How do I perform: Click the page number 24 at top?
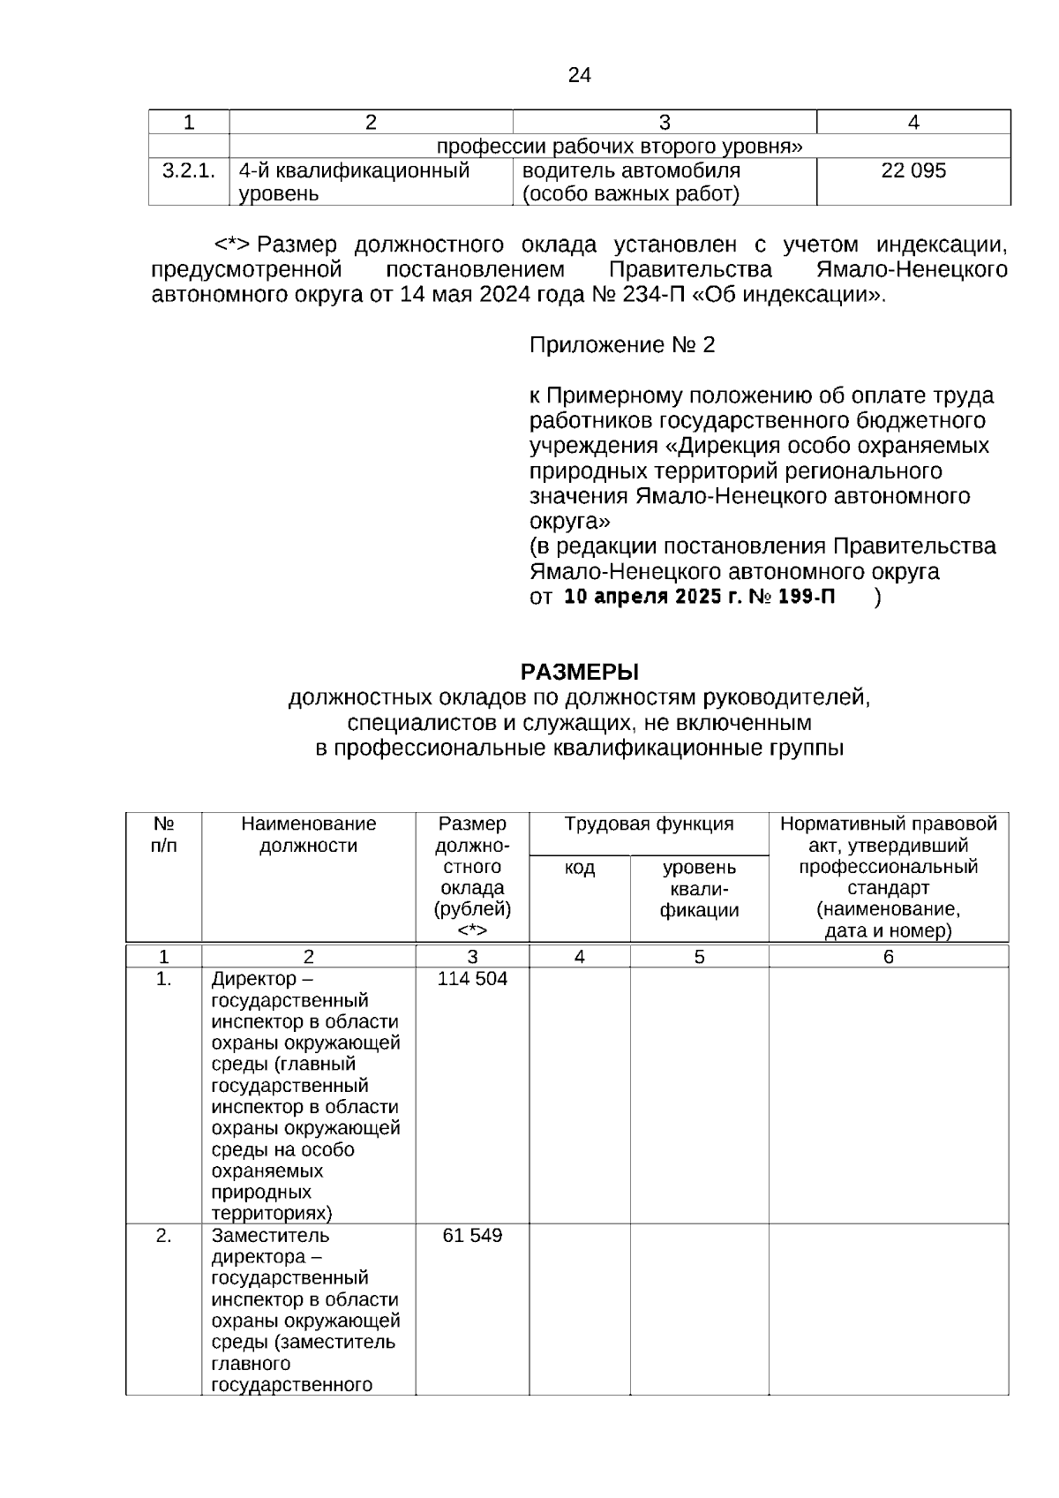[x=579, y=75]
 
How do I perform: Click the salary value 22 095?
[x=913, y=170]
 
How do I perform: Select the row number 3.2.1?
[x=188, y=170]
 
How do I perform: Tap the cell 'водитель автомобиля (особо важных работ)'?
[x=631, y=182]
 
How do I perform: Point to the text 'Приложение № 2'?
[x=621, y=345]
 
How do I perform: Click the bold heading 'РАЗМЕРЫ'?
[x=579, y=672]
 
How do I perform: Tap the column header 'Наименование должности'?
[x=308, y=834]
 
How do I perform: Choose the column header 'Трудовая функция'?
[x=649, y=824]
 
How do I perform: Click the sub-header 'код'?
[x=580, y=868]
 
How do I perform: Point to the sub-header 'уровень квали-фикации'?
[x=699, y=889]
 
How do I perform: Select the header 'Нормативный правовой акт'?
[x=888, y=834]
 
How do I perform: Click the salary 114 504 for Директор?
[x=472, y=979]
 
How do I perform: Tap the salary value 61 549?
[x=472, y=1235]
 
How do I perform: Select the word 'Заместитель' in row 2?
[x=270, y=1235]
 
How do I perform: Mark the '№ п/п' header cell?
[x=163, y=834]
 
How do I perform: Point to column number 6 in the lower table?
[x=888, y=957]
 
